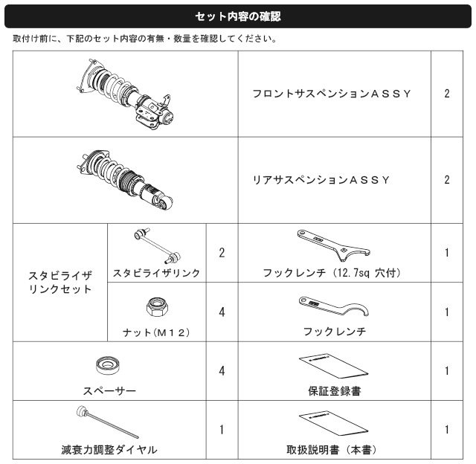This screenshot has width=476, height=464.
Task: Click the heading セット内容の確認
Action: click(x=238, y=16)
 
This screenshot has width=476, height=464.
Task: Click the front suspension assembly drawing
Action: click(x=125, y=94)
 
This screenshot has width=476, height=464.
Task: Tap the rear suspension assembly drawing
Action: click(x=125, y=180)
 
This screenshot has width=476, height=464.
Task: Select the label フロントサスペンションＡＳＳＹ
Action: click(x=332, y=94)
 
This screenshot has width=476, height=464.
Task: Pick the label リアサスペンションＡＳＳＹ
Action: click(x=321, y=180)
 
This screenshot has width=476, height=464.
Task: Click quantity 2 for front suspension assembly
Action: click(x=447, y=94)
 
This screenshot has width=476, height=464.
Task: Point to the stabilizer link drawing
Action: click(x=158, y=246)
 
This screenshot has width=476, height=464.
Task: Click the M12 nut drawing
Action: click(x=157, y=307)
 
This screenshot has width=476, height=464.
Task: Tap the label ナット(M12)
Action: click(x=157, y=332)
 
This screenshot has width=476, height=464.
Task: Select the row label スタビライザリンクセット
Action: click(x=60, y=283)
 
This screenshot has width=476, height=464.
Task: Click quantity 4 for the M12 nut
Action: click(x=222, y=312)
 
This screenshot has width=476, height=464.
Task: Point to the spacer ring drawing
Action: click(x=107, y=365)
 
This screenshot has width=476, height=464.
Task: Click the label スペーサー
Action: click(x=109, y=391)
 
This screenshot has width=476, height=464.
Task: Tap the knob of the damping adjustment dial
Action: click(x=81, y=411)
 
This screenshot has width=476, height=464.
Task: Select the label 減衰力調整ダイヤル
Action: click(x=109, y=450)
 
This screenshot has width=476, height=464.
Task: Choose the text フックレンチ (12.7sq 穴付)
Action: click(x=332, y=273)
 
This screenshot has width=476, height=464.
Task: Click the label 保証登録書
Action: click(x=335, y=391)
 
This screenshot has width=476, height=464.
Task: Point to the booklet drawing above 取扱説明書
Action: click(x=333, y=423)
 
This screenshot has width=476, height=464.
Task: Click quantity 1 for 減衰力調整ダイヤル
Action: click(x=222, y=430)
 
